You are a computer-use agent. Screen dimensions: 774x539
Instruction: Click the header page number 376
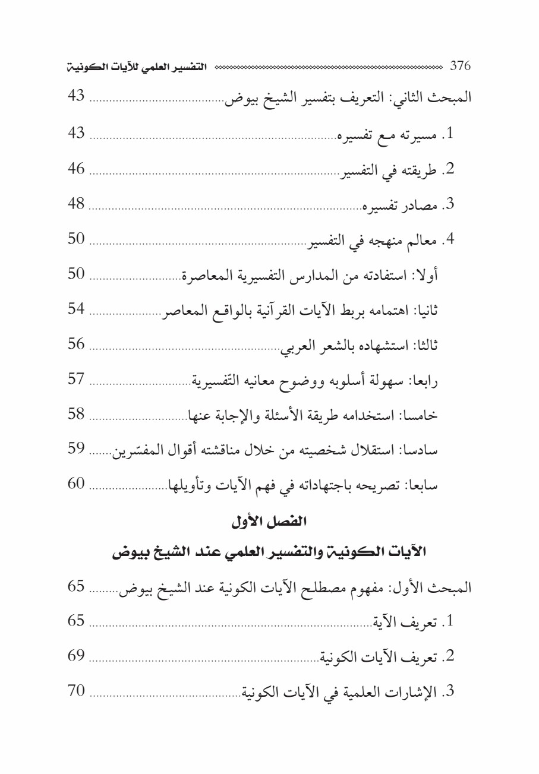[x=461, y=65]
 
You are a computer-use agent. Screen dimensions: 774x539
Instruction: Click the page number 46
[x=77, y=169]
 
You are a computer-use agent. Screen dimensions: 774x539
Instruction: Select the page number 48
[x=77, y=205]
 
